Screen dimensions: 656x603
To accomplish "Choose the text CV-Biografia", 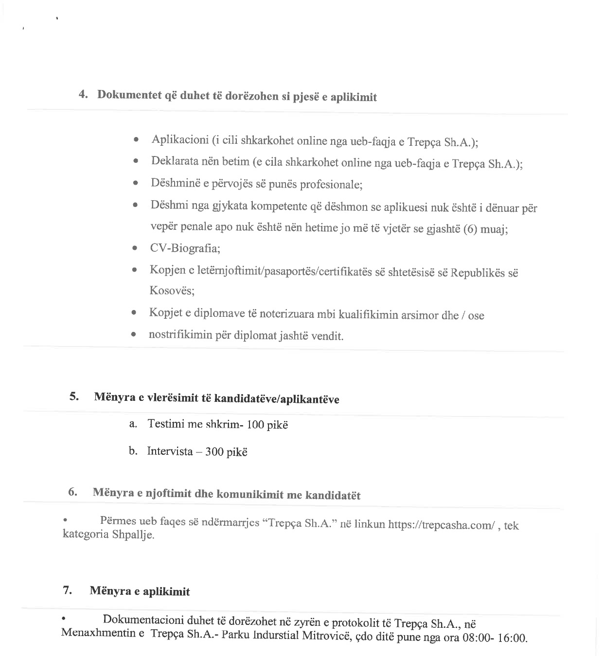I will tap(185, 249).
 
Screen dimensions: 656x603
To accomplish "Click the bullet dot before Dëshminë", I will tap(136, 184).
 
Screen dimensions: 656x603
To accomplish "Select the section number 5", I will tap(74, 396).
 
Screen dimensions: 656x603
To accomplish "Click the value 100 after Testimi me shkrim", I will tap(255, 425).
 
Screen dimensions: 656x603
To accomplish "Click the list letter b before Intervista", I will tap(132, 451).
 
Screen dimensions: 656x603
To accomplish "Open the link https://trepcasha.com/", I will tap(442, 525).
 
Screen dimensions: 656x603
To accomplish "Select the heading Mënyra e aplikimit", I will tap(140, 591).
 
